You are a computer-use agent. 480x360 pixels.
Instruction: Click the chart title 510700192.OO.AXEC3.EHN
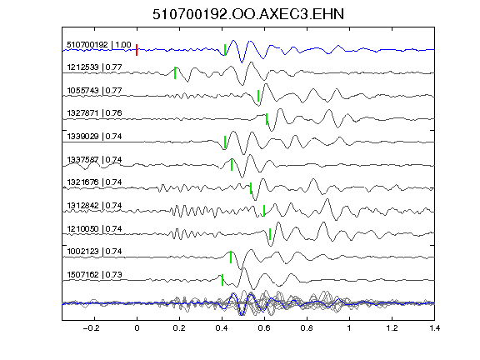point(248,14)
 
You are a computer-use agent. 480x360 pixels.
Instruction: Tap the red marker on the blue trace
point(137,50)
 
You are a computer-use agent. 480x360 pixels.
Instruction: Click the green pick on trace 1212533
point(175,72)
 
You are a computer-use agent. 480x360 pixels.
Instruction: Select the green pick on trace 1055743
point(258,96)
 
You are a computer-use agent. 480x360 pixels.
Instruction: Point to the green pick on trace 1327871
point(267,119)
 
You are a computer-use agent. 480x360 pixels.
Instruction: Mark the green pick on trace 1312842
point(264,210)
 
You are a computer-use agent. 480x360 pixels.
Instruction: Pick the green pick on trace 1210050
point(270,234)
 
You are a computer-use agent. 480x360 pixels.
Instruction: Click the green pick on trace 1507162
point(222,280)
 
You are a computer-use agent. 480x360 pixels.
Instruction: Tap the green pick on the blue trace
point(225,50)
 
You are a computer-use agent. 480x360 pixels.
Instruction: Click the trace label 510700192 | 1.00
point(99,45)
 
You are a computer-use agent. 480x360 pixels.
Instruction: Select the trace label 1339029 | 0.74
point(94,136)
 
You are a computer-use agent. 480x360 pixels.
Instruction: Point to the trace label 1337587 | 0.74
point(94,159)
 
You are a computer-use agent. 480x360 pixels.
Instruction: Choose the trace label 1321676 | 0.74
point(94,182)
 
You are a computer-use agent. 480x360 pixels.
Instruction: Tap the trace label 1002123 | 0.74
point(94,252)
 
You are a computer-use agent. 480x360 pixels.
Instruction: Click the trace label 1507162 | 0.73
point(94,275)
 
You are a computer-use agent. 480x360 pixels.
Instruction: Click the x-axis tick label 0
point(137,328)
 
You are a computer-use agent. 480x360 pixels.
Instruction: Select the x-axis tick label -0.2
point(91,328)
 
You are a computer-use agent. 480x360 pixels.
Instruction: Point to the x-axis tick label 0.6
point(264,328)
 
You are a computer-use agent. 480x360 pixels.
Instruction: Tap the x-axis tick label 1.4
point(434,328)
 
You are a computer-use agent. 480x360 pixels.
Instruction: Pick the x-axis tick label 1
point(349,328)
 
